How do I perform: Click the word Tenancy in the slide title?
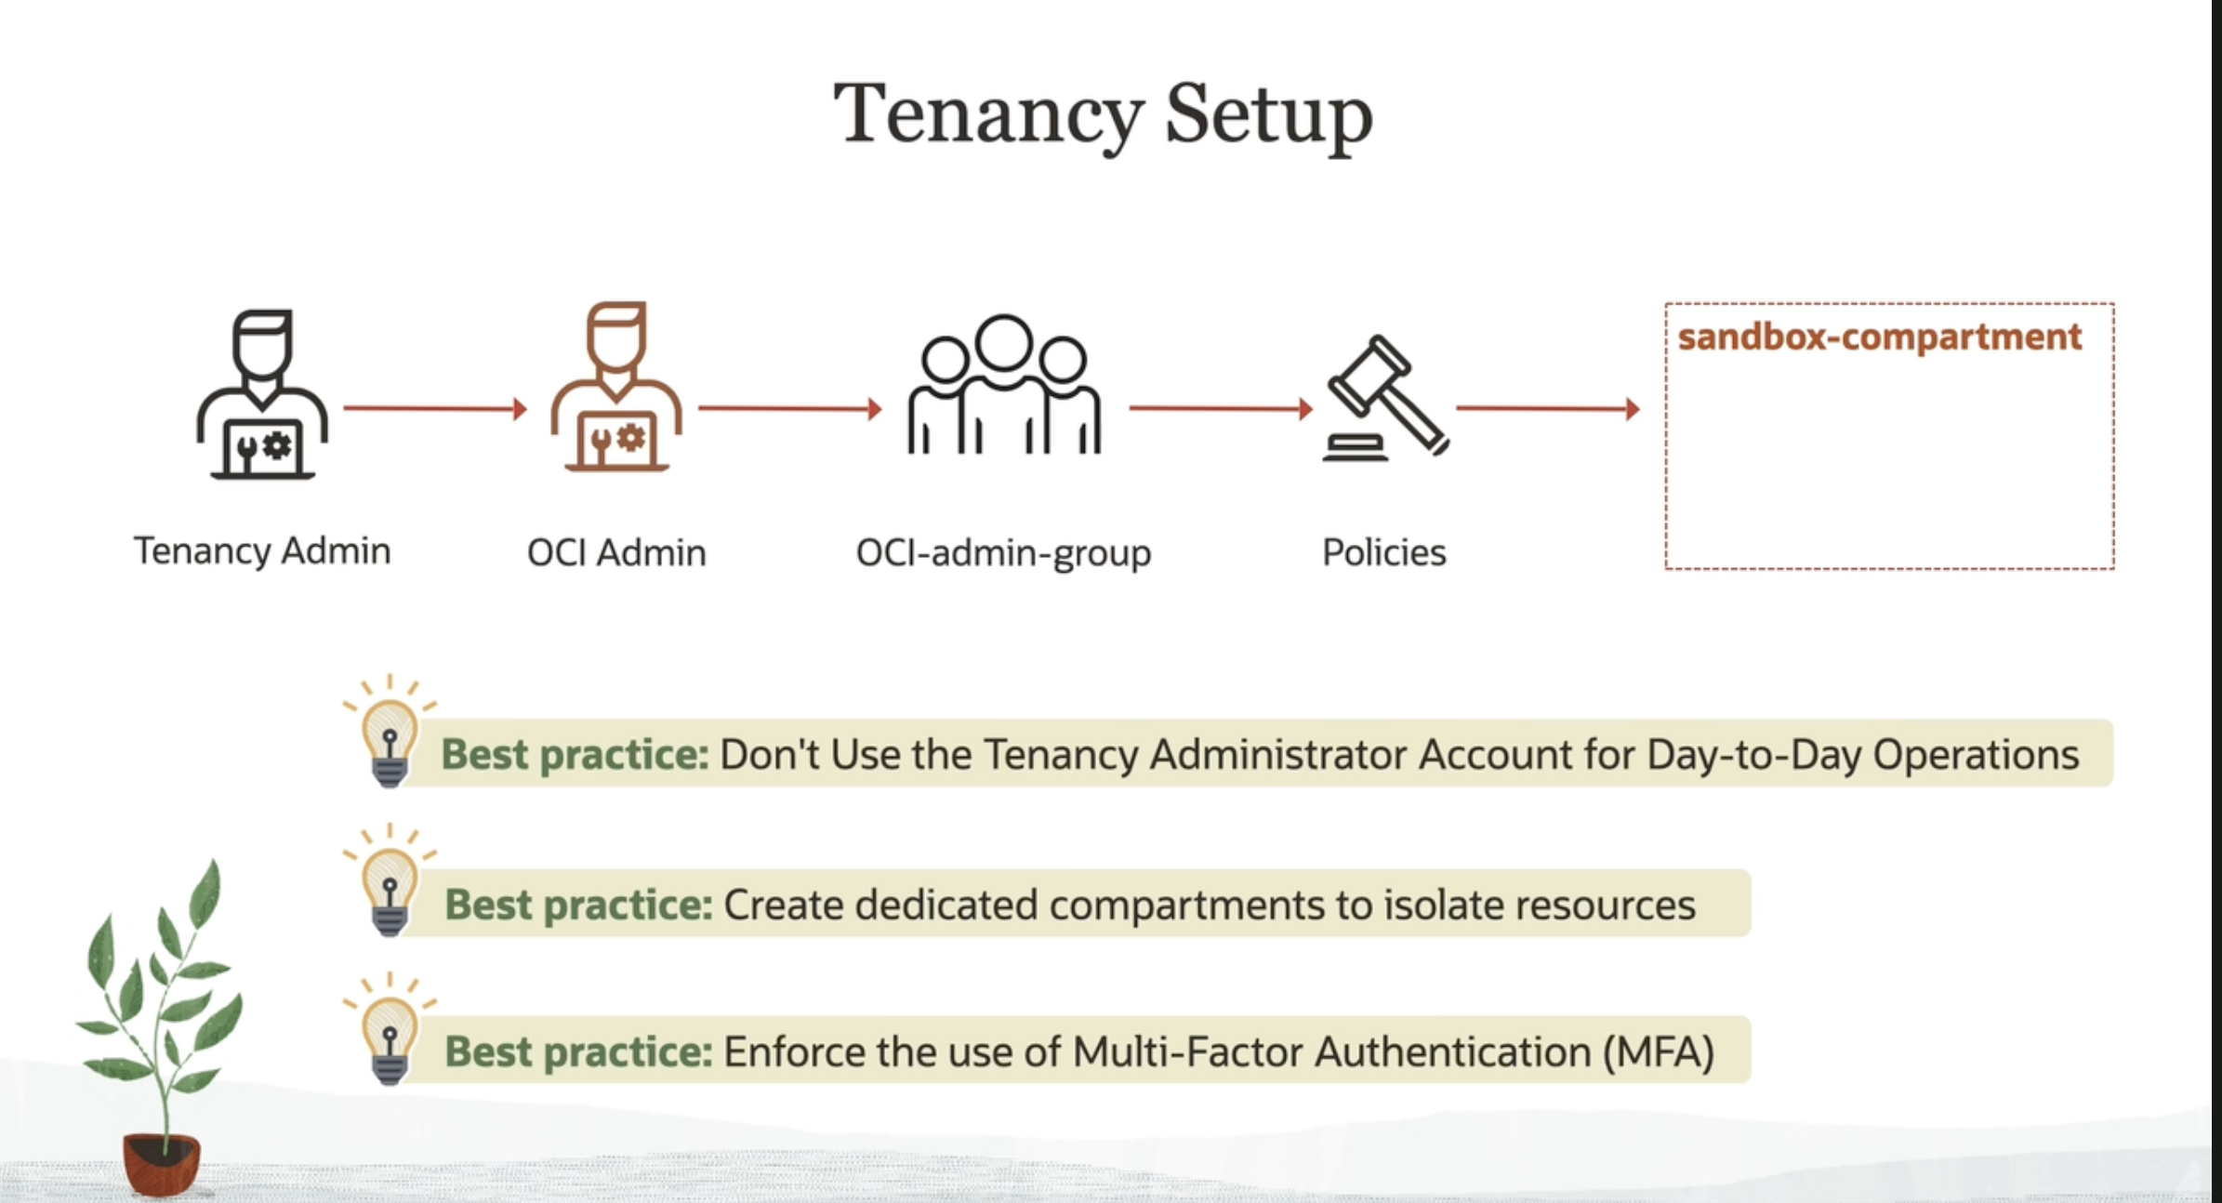(x=988, y=116)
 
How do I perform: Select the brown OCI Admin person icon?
(x=616, y=386)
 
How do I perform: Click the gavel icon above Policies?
(x=1385, y=398)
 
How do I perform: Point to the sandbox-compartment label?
(x=1879, y=337)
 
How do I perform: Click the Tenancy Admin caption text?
(x=262, y=550)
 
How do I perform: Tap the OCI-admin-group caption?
(x=1003, y=553)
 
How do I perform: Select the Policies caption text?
(x=1384, y=552)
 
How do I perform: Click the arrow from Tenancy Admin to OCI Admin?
(x=435, y=408)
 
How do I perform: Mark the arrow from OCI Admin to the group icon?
(x=790, y=408)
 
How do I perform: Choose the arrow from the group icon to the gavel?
(x=1221, y=408)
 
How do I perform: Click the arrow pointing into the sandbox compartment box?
(x=1548, y=408)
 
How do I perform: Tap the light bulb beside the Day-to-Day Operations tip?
(x=390, y=733)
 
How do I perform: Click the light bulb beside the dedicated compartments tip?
(x=390, y=880)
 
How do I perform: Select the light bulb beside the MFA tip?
(x=390, y=1029)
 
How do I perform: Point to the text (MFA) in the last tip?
(x=1659, y=1052)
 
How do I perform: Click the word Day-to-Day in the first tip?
(x=1754, y=755)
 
